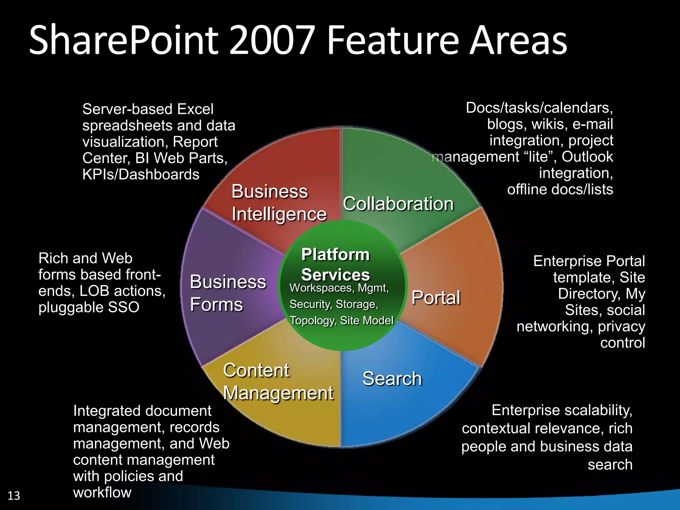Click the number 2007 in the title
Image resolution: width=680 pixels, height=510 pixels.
272,41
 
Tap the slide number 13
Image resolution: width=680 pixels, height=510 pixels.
14,496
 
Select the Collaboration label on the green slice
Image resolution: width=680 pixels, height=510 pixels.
398,204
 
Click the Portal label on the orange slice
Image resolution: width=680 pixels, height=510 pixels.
436,297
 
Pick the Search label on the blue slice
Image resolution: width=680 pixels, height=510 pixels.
392,379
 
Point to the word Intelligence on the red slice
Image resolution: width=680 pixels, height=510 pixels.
279,214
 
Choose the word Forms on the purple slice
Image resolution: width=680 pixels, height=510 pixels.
216,304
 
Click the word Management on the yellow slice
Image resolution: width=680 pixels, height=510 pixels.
278,393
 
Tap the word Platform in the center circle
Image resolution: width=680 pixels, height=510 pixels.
335,255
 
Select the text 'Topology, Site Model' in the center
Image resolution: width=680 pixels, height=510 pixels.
341,320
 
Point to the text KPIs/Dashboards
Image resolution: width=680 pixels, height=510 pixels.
141,175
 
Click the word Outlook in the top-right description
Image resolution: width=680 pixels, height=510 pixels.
587,157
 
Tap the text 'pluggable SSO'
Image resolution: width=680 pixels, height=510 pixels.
89,307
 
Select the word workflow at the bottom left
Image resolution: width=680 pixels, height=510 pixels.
102,492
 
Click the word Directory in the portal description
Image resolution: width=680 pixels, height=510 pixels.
587,294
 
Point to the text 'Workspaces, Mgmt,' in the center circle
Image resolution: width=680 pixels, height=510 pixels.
339,288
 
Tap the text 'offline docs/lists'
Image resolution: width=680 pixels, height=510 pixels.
560,189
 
